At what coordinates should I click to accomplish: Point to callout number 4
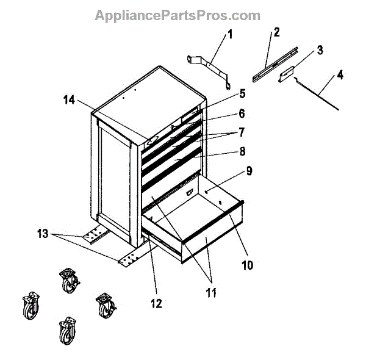[x=340, y=76]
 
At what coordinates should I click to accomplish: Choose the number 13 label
[x=41, y=234]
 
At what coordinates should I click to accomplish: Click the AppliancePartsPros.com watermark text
[x=178, y=15]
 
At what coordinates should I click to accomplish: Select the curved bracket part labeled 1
[x=210, y=66]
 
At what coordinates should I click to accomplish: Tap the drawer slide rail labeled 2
[x=273, y=61]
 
